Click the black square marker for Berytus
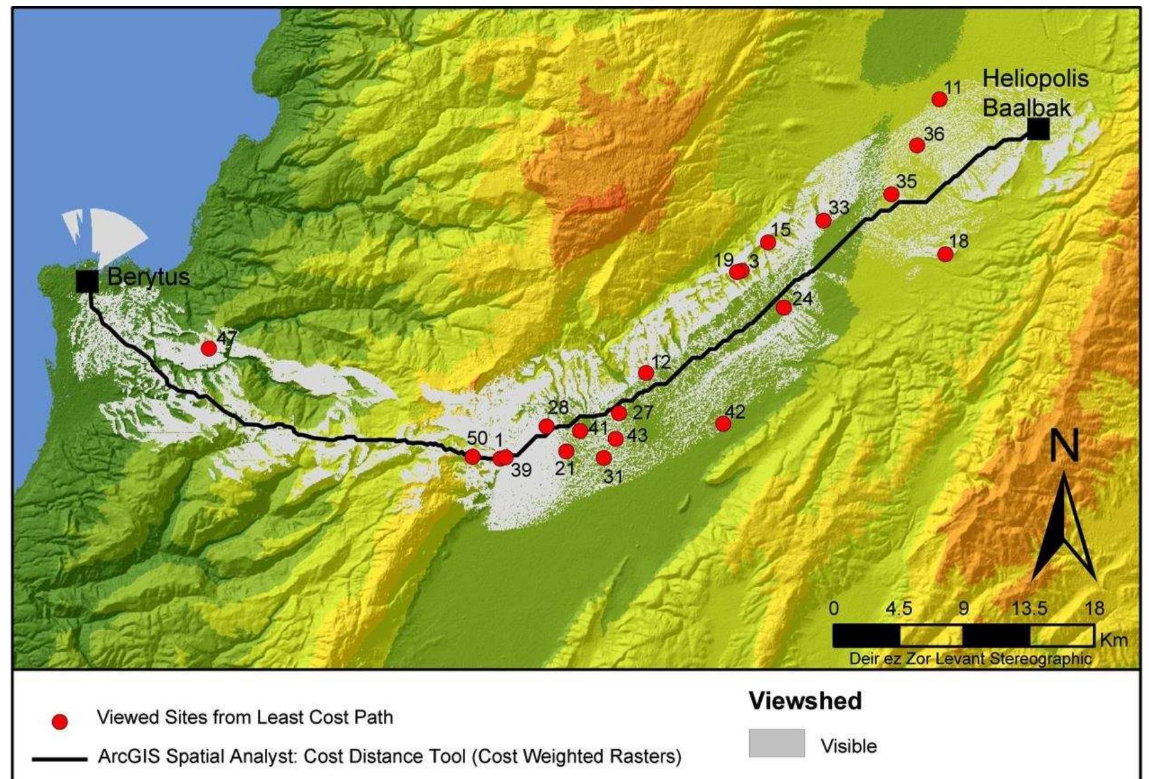coord(87,281)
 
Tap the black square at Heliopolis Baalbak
coord(1038,130)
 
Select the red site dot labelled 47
coord(208,348)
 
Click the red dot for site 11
coord(939,100)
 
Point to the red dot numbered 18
coord(945,254)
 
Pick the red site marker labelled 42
coord(724,423)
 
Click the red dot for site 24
coord(784,307)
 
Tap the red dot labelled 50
coord(472,457)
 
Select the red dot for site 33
coord(823,220)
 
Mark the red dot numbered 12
coord(646,373)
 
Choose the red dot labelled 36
coord(916,145)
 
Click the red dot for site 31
coord(604,457)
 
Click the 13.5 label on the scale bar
coord(1029,608)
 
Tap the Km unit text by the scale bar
coord(1113,639)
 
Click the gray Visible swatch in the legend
coord(776,743)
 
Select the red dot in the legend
coord(60,722)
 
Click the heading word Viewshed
coord(805,701)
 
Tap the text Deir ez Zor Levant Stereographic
coord(970,658)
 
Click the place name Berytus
coord(148,277)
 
